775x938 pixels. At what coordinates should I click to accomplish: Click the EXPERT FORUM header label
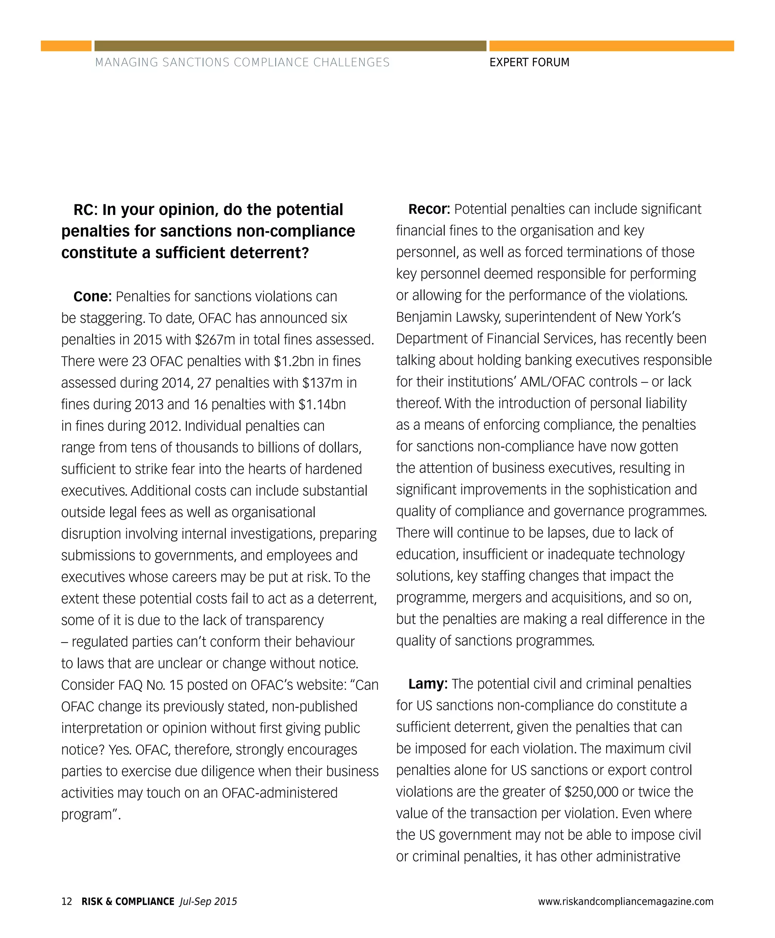(x=529, y=62)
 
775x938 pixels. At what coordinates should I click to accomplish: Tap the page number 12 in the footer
(x=67, y=901)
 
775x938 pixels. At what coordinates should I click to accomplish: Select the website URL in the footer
(x=626, y=901)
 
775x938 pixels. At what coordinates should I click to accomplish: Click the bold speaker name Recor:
(x=429, y=209)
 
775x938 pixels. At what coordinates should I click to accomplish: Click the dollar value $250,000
(x=591, y=792)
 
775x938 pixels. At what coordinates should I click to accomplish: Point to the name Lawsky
(x=477, y=317)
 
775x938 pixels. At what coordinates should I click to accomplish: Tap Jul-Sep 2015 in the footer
(x=208, y=901)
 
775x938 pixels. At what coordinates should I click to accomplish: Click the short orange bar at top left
(x=66, y=45)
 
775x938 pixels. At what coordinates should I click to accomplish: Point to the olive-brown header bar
(x=290, y=45)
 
